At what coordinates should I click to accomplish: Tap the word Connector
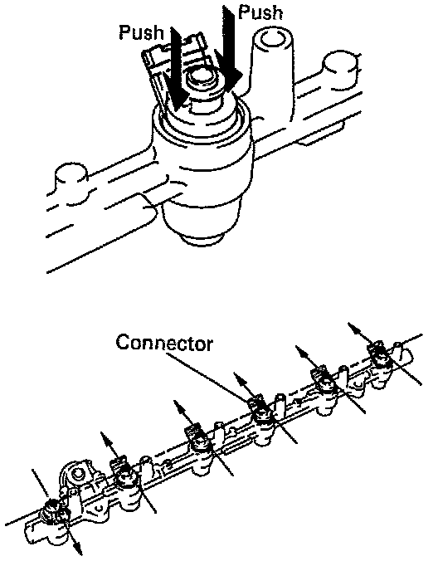(x=164, y=343)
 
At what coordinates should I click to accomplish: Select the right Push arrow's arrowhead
(x=231, y=79)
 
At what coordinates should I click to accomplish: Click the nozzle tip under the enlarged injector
(x=202, y=239)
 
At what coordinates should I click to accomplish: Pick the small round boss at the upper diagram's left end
(x=71, y=183)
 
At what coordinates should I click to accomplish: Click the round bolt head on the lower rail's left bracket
(x=78, y=475)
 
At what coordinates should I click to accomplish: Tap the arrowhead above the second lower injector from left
(x=105, y=437)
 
